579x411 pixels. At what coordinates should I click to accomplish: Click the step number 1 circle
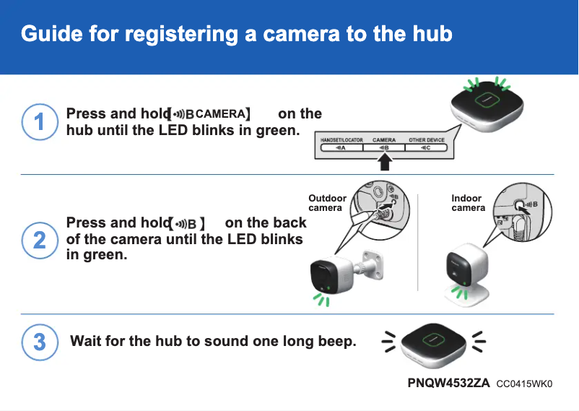click(x=39, y=122)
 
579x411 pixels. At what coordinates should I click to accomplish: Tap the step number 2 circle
click(x=39, y=238)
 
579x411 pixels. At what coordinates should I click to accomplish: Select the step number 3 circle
click(x=39, y=341)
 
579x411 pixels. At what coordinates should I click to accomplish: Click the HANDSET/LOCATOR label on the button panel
click(x=341, y=139)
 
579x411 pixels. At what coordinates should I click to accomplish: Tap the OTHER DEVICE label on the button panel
click(x=427, y=139)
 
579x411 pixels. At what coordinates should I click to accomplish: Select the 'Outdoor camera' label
click(x=327, y=203)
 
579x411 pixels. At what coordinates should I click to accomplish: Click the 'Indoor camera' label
click(x=468, y=203)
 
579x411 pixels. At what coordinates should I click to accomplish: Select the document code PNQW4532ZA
click(x=449, y=383)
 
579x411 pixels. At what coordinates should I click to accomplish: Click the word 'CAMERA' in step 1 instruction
click(x=220, y=114)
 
